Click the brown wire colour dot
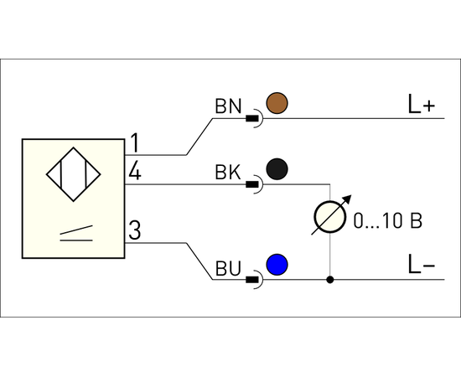pyautogui.click(x=277, y=103)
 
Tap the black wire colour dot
pyautogui.click(x=277, y=169)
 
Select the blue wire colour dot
pyautogui.click(x=277, y=265)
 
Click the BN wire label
pyautogui.click(x=228, y=106)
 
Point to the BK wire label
pyautogui.click(x=228, y=172)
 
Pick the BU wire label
pyautogui.click(x=228, y=268)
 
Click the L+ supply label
pyautogui.click(x=422, y=104)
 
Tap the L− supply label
pyautogui.click(x=422, y=265)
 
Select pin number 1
pyautogui.click(x=135, y=142)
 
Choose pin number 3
pyautogui.click(x=135, y=230)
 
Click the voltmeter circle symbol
pyautogui.click(x=330, y=217)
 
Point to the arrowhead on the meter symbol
pyautogui.click(x=348, y=199)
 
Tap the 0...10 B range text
pyautogui.click(x=388, y=220)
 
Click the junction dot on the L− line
pyautogui.click(x=330, y=280)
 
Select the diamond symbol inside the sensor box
pyautogui.click(x=74, y=174)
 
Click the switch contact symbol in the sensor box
pyautogui.click(x=76, y=233)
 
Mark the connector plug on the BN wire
pyautogui.click(x=255, y=118)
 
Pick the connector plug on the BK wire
pyautogui.click(x=255, y=184)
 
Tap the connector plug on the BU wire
pyautogui.click(x=255, y=280)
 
